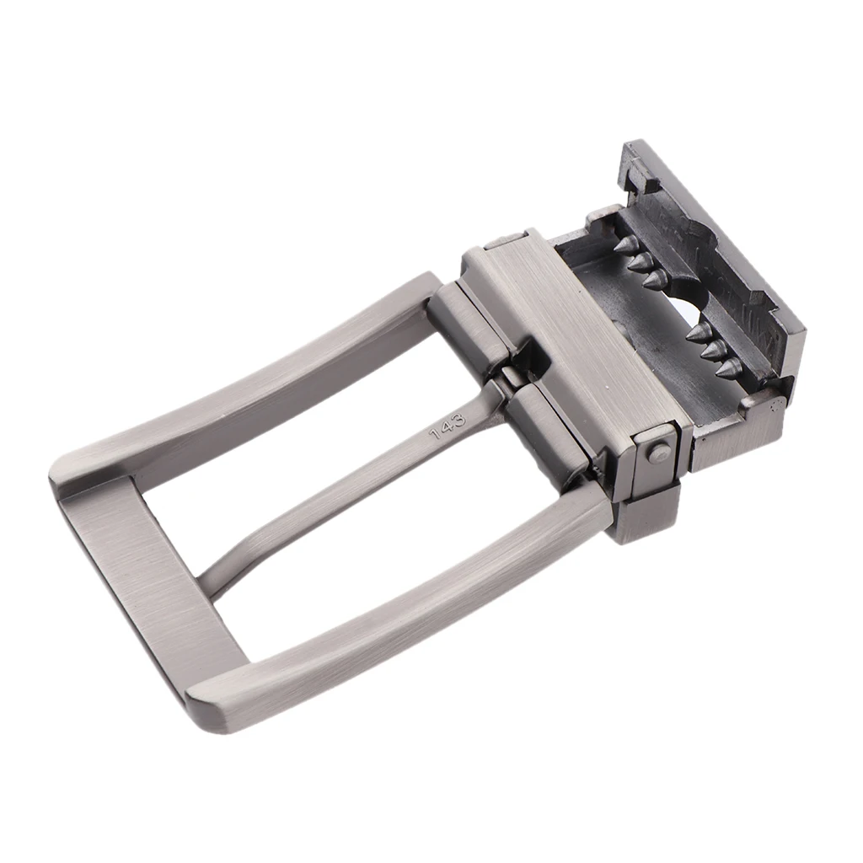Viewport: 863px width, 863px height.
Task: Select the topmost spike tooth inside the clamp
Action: click(625, 245)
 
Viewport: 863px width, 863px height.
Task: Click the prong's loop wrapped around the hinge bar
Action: click(510, 379)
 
